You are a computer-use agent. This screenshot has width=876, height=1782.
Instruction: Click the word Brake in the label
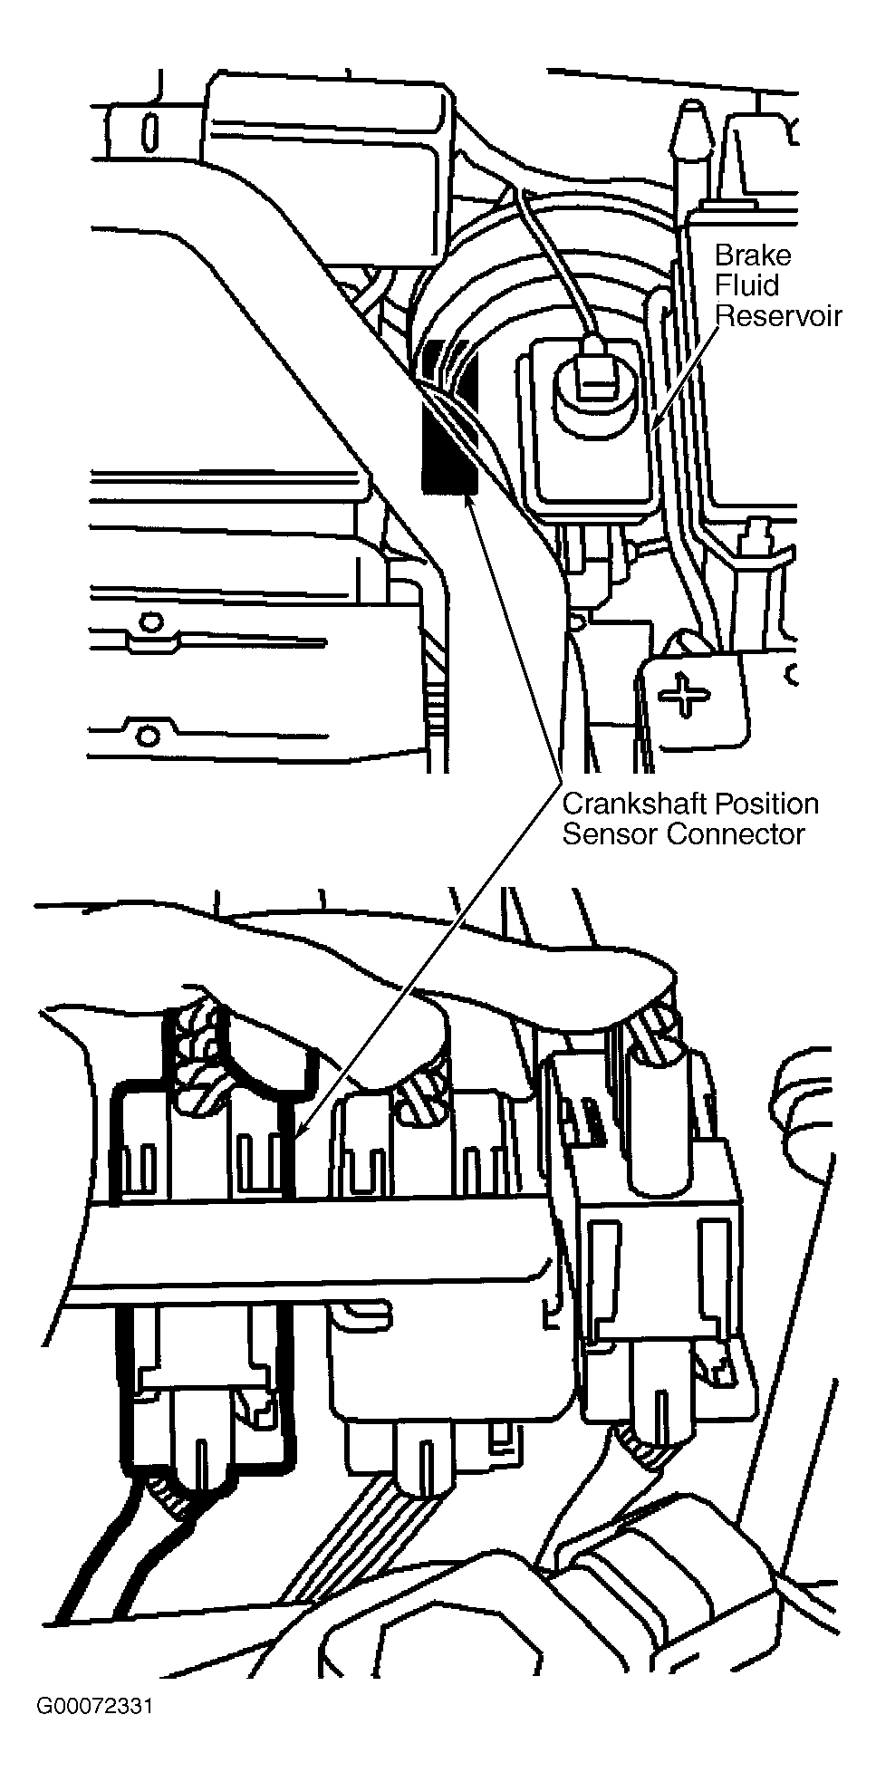[752, 255]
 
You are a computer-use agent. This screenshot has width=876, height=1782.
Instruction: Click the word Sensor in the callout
[610, 833]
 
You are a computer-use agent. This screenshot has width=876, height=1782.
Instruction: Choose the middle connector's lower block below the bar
[448, 1400]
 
